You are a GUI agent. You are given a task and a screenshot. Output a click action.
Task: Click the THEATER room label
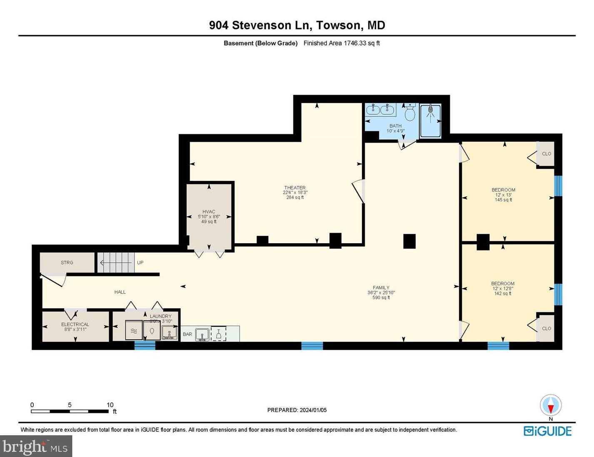tap(295, 188)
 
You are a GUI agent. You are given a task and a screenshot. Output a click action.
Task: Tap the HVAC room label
tap(209, 212)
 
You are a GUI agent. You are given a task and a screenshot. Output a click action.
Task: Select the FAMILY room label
tap(381, 288)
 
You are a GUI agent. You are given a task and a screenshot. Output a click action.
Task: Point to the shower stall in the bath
tap(430, 121)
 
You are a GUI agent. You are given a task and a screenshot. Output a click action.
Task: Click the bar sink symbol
tap(203, 334)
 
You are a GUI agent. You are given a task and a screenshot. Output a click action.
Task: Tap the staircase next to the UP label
tap(116, 263)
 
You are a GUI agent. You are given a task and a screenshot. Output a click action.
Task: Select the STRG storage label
tap(67, 263)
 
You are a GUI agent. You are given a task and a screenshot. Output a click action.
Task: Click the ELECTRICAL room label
tap(75, 324)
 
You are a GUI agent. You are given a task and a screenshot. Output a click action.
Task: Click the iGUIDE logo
tap(547, 431)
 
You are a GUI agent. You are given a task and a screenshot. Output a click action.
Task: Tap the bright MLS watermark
tap(36, 447)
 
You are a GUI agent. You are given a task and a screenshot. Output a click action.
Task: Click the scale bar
tap(70, 411)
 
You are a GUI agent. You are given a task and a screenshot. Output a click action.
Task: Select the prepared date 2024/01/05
tap(297, 410)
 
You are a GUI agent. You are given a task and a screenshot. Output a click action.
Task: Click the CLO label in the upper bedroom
tap(546, 154)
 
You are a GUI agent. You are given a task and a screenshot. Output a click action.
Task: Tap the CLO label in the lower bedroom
tap(546, 329)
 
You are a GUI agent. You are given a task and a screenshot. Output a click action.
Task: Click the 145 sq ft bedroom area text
tap(503, 200)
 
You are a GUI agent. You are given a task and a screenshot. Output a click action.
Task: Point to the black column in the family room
tap(409, 241)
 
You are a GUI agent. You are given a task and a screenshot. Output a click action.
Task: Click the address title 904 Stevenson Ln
tap(297, 25)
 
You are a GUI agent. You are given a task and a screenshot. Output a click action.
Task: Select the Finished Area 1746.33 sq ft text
tap(341, 43)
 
